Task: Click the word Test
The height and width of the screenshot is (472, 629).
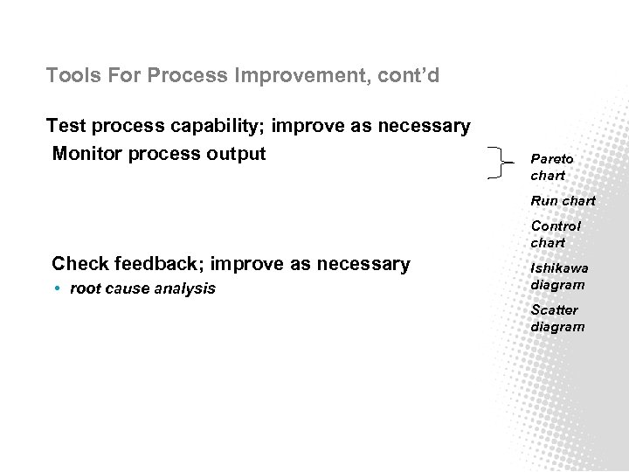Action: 66,127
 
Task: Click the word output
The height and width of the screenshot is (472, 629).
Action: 236,154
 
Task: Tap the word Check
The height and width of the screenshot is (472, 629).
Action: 79,264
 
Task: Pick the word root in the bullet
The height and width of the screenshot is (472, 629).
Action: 85,288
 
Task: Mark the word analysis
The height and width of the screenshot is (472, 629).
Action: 184,288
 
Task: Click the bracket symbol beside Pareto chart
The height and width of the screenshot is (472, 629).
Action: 497,163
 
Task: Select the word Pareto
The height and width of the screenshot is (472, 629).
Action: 552,159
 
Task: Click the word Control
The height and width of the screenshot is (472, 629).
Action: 556,226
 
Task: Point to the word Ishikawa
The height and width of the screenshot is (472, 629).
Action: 559,268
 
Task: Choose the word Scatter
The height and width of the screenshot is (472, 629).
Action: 554,310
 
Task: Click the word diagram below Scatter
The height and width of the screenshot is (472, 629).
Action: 557,327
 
